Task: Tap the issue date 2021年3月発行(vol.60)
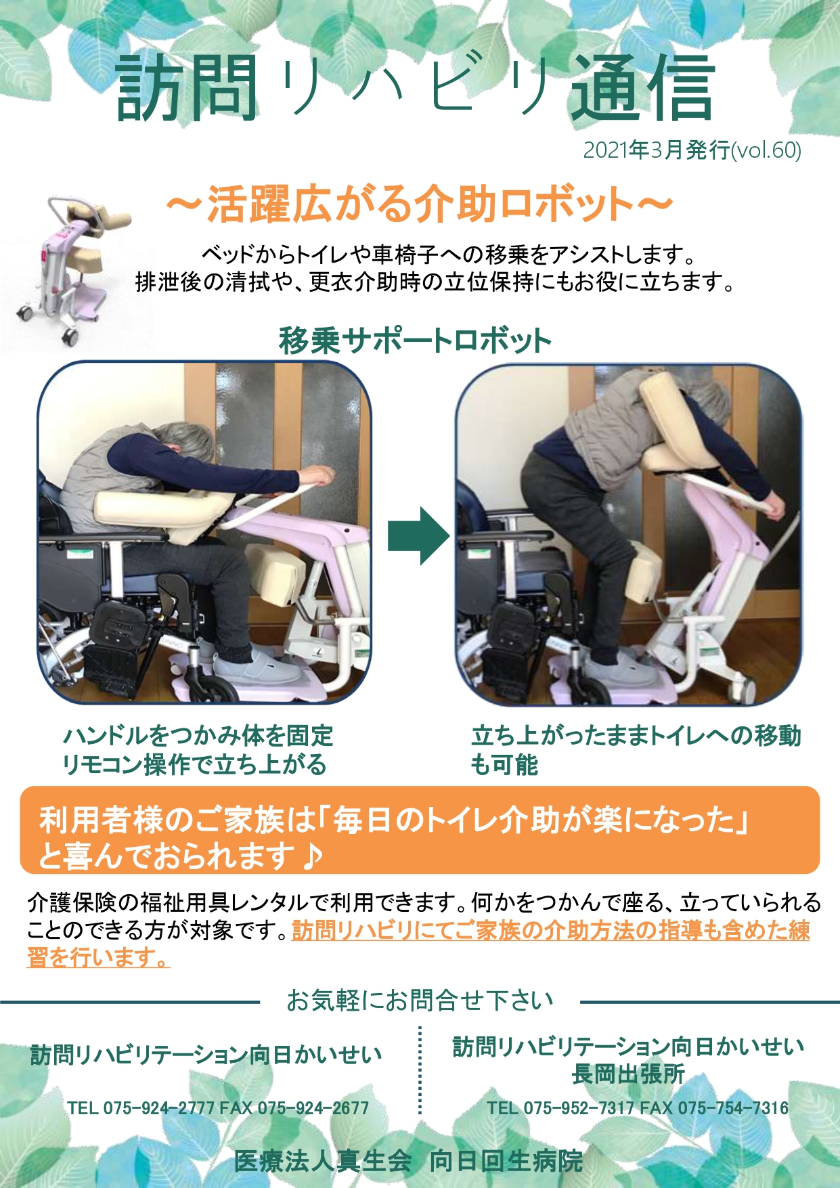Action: pos(692,150)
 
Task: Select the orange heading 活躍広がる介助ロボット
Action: pos(420,204)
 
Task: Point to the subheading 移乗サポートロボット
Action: pos(415,340)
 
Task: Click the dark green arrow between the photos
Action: pos(418,535)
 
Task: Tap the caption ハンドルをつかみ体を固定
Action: pos(198,735)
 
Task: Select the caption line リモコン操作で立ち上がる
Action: pos(194,765)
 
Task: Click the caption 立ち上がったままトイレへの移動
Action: pos(636,735)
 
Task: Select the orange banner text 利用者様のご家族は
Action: pos(175,820)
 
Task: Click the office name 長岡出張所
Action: pos(628,1074)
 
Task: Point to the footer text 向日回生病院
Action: pos(506,1161)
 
